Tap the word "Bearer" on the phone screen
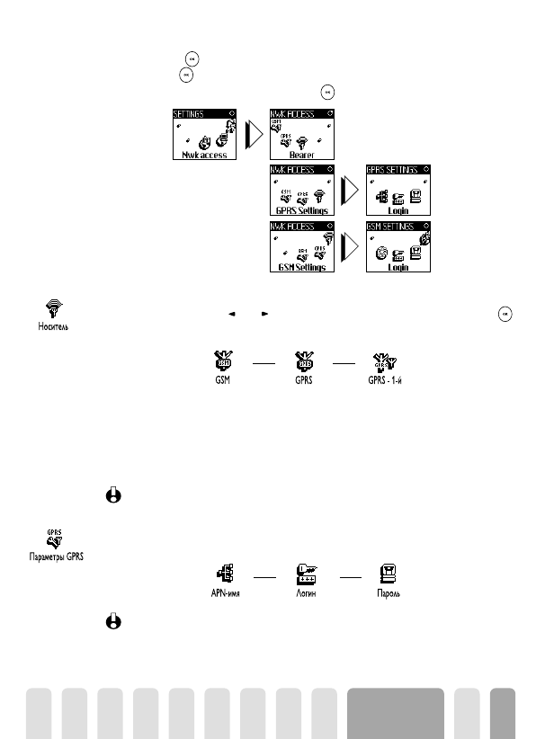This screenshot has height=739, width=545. [x=300, y=155]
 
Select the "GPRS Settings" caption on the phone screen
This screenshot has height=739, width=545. [x=300, y=210]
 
